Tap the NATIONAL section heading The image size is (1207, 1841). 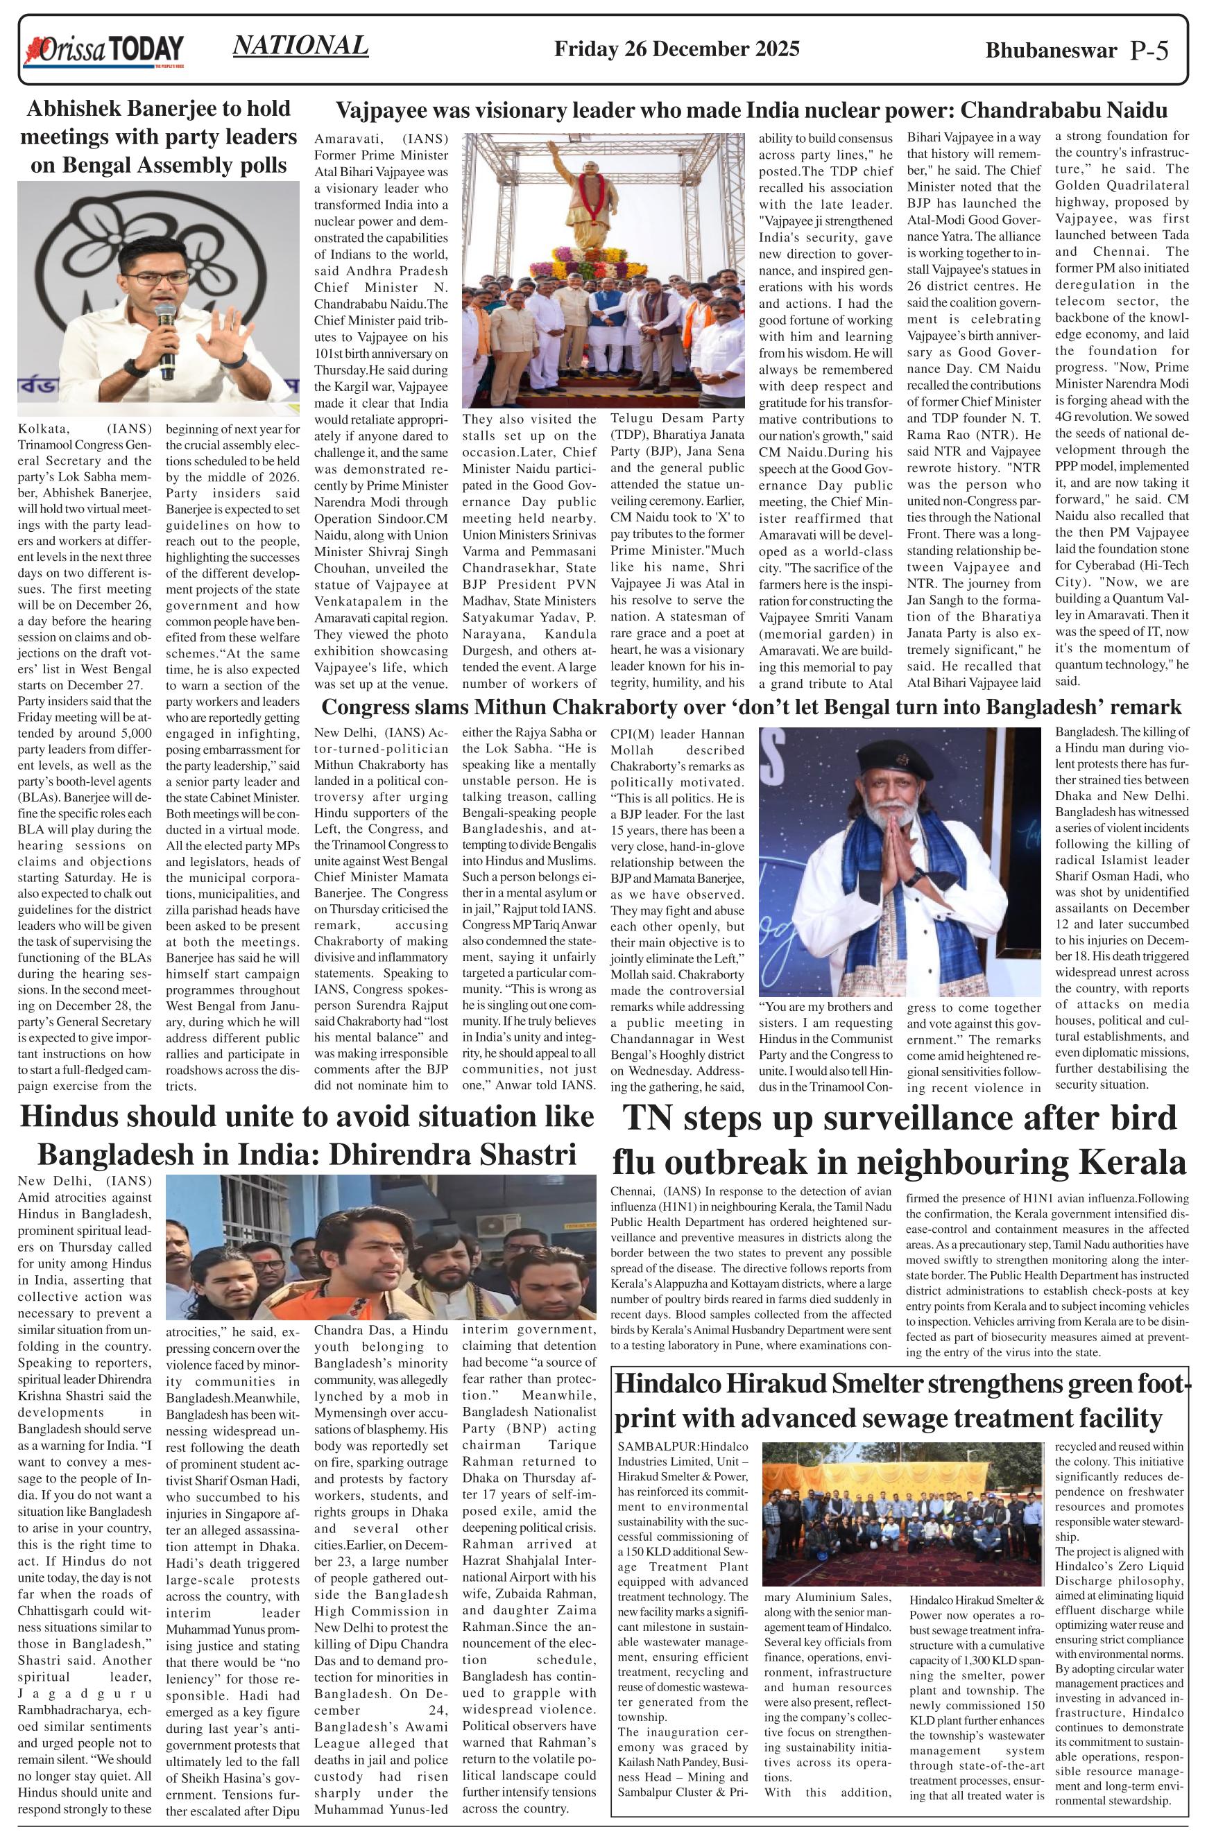click(x=300, y=46)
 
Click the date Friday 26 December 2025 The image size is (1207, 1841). click(x=677, y=49)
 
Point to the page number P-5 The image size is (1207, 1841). click(x=1149, y=51)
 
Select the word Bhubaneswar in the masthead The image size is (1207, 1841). click(x=1051, y=51)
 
